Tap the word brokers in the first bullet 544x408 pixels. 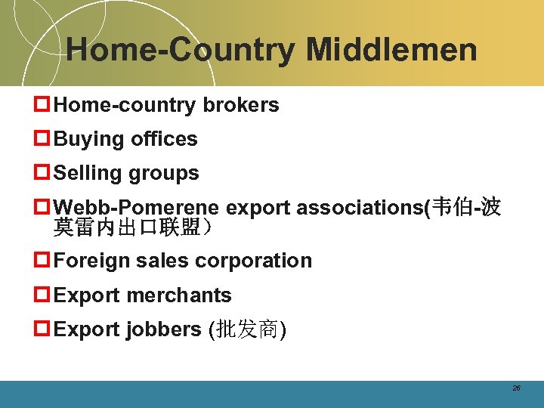click(241, 105)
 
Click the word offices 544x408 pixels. click(164, 139)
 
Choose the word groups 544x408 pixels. click(165, 173)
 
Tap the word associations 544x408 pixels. click(360, 208)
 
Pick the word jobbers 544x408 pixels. click(164, 329)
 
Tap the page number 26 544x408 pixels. click(516, 388)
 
